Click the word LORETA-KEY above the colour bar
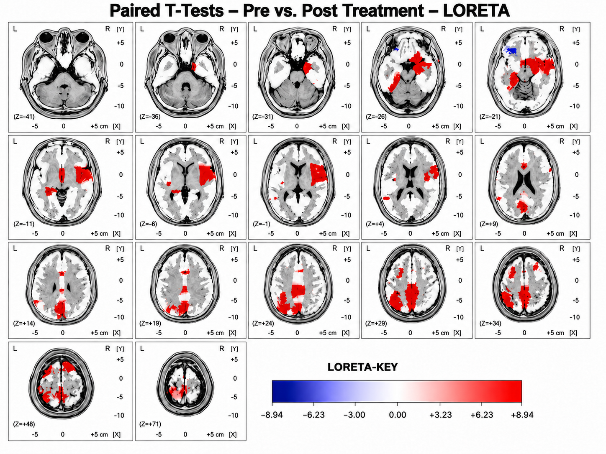(362, 367)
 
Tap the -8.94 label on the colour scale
(272, 415)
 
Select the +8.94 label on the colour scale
(522, 415)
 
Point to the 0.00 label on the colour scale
(398, 415)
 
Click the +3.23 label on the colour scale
(441, 415)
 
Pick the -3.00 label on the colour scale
(354, 415)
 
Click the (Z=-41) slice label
(24, 117)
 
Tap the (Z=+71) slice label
(150, 423)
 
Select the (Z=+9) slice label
(489, 224)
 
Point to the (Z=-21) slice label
(490, 117)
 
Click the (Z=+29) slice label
(376, 323)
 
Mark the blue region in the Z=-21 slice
(511, 51)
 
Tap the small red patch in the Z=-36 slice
(194, 66)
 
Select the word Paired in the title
(135, 11)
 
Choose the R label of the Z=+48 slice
(108, 349)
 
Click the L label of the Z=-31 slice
(255, 29)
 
